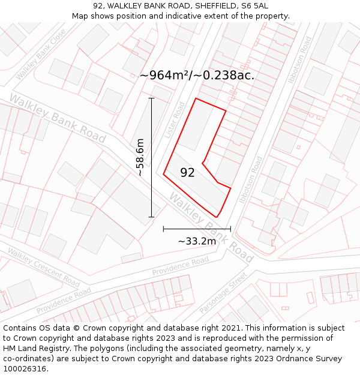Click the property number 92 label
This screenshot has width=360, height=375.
[187, 173]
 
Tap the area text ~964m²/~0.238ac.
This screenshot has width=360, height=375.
[197, 75]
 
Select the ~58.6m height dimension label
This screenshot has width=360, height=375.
[140, 158]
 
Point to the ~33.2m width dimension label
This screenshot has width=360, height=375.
[197, 241]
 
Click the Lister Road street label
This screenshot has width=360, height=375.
[175, 119]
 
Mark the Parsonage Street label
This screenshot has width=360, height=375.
[223, 292]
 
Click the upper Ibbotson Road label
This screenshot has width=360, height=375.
[299, 61]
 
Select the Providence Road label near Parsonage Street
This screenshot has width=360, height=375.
[180, 266]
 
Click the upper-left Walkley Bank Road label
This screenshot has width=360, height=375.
[57, 118]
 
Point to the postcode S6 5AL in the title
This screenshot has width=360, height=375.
[254, 6]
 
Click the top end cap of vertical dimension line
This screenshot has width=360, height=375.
[151, 98]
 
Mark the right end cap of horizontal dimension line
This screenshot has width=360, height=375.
[230, 229]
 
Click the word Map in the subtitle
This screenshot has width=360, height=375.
[80, 16]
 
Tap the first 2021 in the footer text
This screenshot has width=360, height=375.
[230, 328]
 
